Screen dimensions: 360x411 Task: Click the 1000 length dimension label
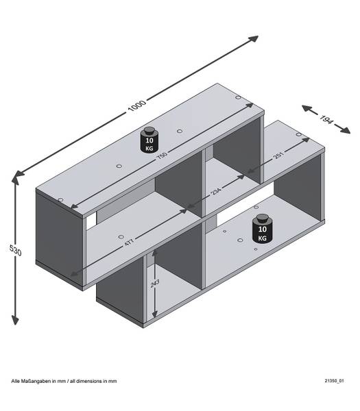(x=136, y=105)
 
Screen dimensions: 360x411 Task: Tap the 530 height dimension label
(x=16, y=250)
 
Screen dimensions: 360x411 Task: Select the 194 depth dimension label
(x=326, y=119)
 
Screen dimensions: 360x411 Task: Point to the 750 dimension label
(x=162, y=155)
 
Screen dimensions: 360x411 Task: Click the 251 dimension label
(x=278, y=155)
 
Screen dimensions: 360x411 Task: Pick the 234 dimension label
(x=216, y=192)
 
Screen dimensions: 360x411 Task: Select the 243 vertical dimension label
(x=155, y=283)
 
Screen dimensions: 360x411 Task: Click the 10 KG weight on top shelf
(x=149, y=140)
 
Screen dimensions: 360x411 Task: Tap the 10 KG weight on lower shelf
(x=263, y=229)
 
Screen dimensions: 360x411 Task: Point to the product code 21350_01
(x=334, y=381)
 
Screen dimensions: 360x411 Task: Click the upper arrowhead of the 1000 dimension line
(x=254, y=38)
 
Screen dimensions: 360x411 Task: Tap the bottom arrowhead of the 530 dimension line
(x=15, y=321)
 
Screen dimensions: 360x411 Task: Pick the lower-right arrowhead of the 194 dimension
(x=345, y=130)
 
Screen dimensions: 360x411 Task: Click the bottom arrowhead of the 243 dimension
(x=154, y=314)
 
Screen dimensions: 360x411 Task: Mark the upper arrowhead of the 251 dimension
(x=305, y=140)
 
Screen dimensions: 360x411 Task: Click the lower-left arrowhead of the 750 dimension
(x=75, y=206)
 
